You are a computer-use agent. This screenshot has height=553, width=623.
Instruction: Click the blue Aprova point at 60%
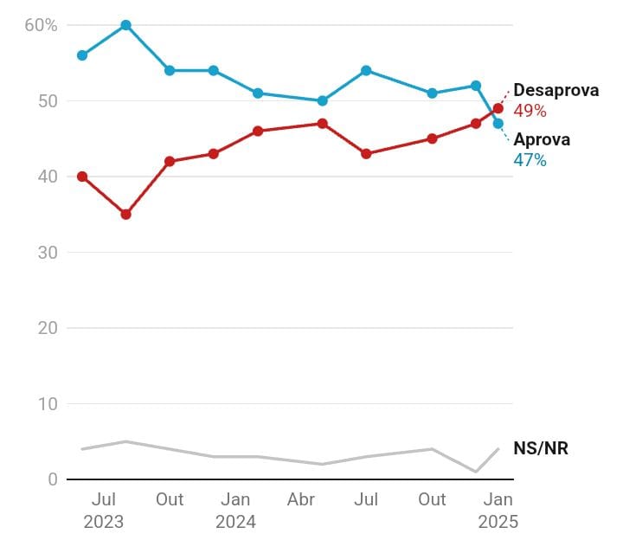point(125,25)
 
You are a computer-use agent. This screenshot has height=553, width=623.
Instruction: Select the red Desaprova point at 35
point(125,215)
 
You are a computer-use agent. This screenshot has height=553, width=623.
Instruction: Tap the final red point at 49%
point(498,108)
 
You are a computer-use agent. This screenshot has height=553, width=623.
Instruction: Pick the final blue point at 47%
point(498,124)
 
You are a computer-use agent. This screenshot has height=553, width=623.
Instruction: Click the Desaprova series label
point(556,91)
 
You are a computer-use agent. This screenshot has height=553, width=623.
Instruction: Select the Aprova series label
point(542,140)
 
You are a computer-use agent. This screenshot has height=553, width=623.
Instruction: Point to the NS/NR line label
point(541,447)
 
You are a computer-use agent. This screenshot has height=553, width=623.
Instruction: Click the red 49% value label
point(530,111)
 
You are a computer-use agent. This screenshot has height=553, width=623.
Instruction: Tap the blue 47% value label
point(530,160)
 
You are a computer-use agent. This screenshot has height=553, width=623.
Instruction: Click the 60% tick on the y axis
point(41,25)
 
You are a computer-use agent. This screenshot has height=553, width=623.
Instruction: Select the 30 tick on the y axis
point(48,253)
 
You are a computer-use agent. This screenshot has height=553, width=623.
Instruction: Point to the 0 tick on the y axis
point(53,479)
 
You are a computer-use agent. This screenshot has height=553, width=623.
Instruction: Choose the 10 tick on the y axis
point(48,404)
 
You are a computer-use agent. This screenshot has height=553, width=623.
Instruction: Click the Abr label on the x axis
point(300,499)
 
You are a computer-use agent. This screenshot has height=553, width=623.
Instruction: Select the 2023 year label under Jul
point(104,522)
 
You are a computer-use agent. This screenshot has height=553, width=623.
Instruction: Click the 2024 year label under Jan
point(235,522)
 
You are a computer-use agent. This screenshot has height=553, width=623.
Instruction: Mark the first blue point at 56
point(82,55)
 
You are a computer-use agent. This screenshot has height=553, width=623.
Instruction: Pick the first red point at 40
point(82,177)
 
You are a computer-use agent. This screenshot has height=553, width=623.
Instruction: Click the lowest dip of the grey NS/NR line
point(476,472)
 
